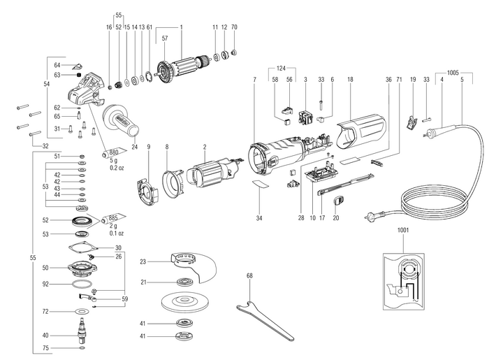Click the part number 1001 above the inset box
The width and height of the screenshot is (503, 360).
click(x=404, y=230)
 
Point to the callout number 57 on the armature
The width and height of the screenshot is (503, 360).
click(x=165, y=39)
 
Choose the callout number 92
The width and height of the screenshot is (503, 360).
click(x=45, y=284)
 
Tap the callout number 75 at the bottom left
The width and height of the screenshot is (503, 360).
click(x=45, y=347)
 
